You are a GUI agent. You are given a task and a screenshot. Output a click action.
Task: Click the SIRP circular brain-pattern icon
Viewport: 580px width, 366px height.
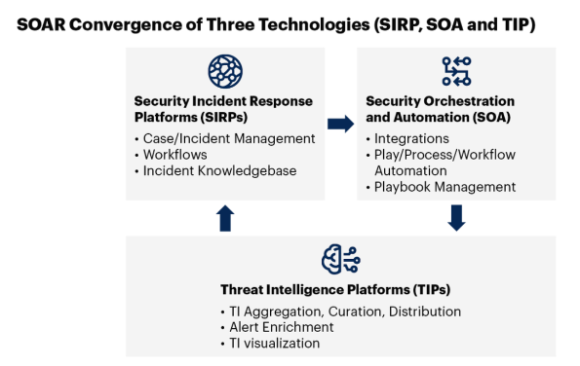224,72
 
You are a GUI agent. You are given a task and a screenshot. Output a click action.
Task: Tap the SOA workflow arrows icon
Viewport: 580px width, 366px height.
456,71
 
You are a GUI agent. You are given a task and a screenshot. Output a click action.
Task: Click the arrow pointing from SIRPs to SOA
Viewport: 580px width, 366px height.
340,124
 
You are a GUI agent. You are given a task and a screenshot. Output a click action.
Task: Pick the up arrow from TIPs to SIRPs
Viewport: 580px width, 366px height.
225,218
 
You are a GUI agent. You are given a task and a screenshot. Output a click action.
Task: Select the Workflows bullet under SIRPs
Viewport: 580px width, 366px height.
175,155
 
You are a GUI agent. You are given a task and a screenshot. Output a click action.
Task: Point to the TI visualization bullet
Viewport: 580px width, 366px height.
273,343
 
